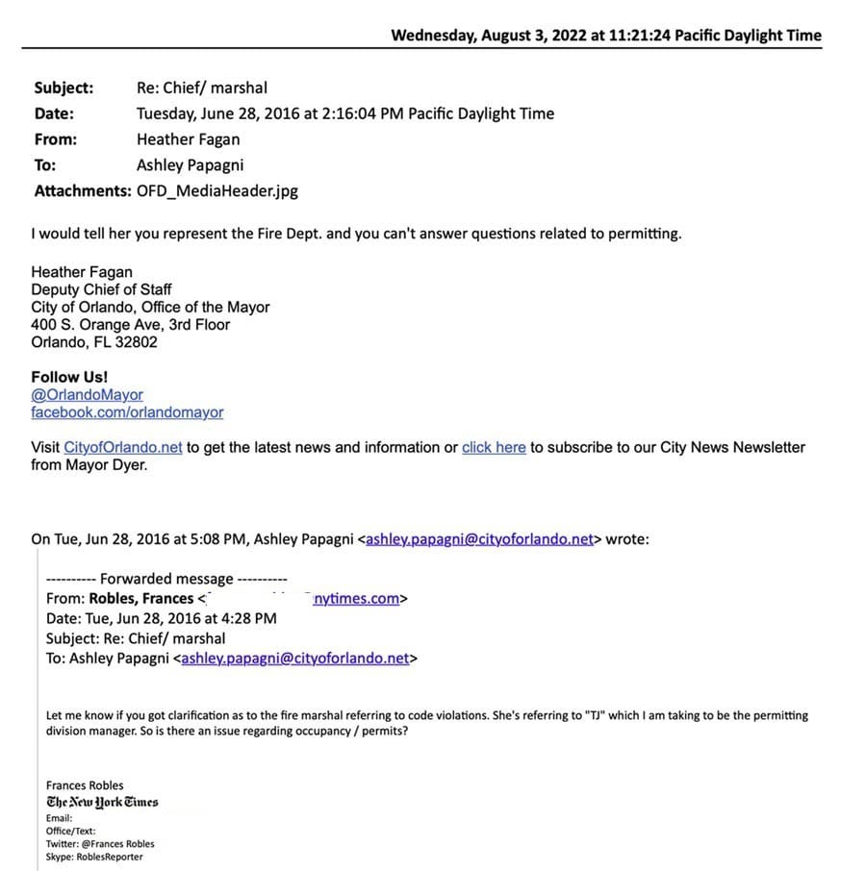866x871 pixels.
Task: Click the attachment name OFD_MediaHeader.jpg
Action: pyautogui.click(x=217, y=190)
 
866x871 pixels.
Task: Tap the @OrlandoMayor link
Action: pyautogui.click(x=87, y=395)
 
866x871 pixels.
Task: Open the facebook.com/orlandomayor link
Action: pyautogui.click(x=127, y=412)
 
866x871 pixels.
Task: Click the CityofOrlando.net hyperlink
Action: pyautogui.click(x=123, y=447)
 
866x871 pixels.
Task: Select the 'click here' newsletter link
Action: pyautogui.click(x=494, y=447)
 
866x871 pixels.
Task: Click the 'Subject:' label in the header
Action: pyautogui.click(x=64, y=87)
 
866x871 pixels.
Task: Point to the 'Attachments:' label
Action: pyautogui.click(x=83, y=190)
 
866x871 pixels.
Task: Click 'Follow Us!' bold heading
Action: pyautogui.click(x=69, y=377)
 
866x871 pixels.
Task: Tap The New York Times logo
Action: pyautogui.click(x=102, y=802)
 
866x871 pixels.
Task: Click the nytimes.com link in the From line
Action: pyautogui.click(x=356, y=599)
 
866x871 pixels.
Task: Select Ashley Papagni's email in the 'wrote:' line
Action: pyautogui.click(x=479, y=539)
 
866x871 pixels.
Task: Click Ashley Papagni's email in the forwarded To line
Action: pyautogui.click(x=295, y=659)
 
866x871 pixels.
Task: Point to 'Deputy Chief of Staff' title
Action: pyautogui.click(x=101, y=289)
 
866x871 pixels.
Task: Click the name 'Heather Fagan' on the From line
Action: pyautogui.click(x=189, y=139)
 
